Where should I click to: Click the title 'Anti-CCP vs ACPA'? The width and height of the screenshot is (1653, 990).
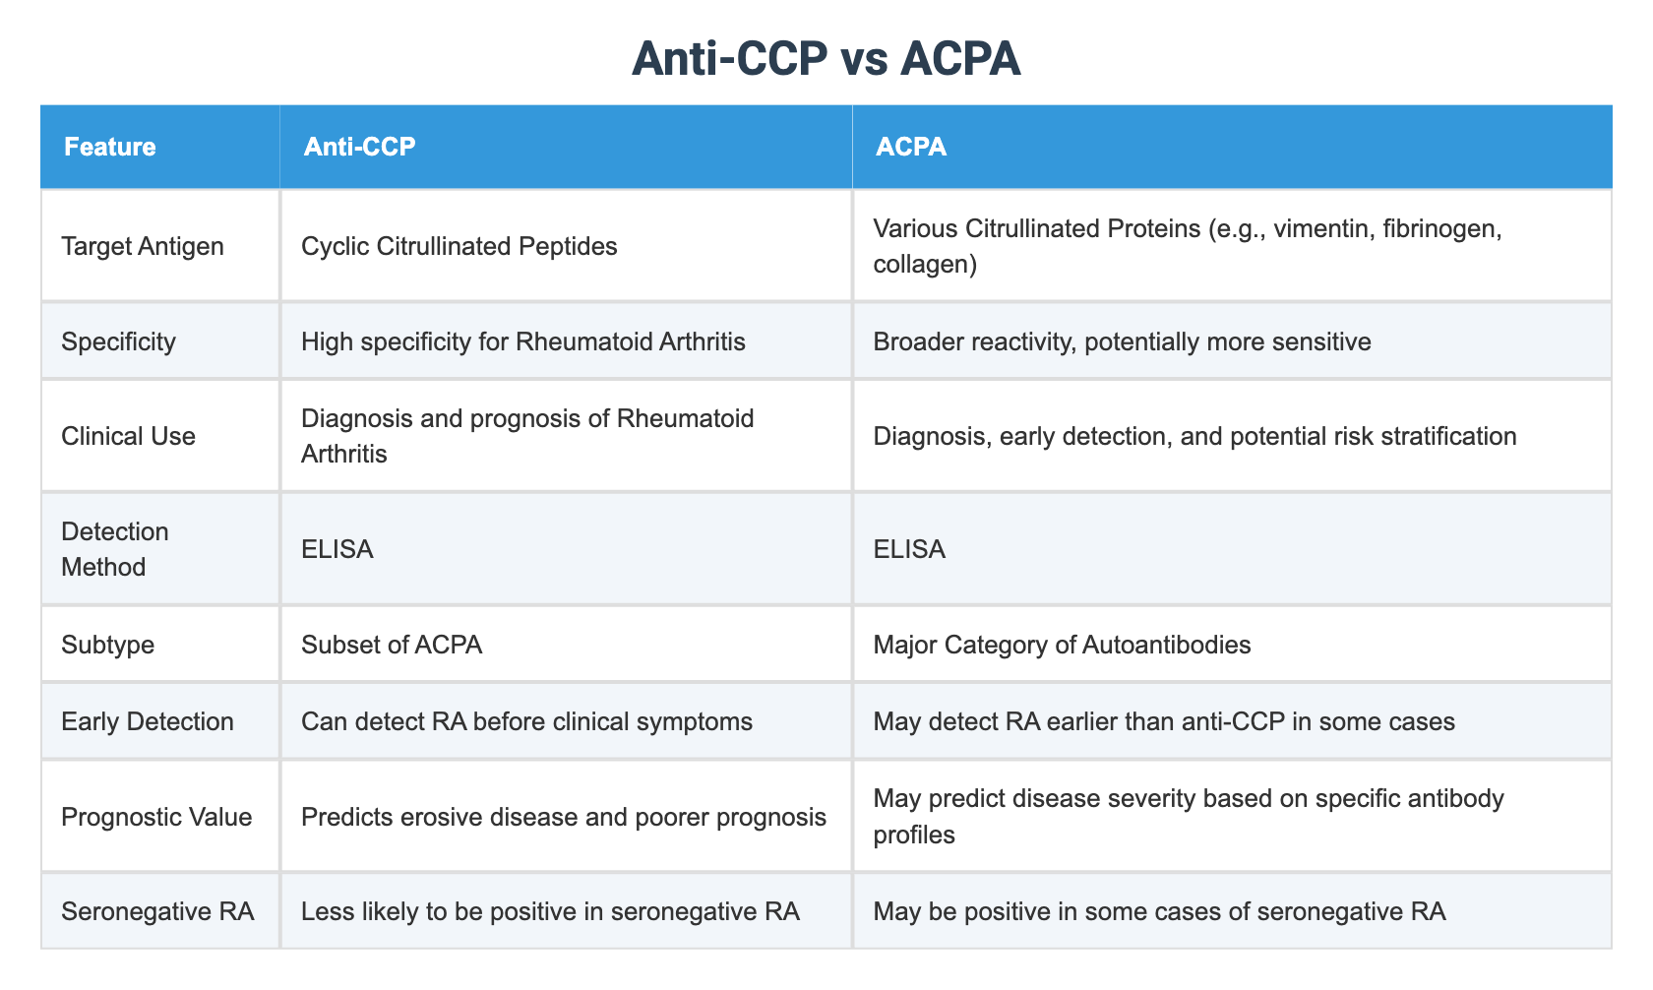point(826,59)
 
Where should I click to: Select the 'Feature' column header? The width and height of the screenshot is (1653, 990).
point(109,147)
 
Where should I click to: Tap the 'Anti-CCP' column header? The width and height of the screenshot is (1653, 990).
point(359,147)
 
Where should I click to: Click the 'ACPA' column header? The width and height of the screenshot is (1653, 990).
point(911,147)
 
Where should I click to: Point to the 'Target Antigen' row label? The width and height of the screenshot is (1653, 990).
point(143,245)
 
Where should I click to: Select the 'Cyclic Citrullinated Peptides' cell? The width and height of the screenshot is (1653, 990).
point(459,245)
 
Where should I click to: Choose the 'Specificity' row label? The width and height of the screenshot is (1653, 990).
point(118,341)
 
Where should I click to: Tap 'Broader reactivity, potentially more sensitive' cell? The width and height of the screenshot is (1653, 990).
point(1122,341)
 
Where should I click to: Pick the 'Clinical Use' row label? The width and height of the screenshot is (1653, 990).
point(128,435)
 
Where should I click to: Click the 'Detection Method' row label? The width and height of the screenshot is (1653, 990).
point(115,549)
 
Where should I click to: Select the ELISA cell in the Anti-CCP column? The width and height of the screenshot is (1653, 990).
point(337,549)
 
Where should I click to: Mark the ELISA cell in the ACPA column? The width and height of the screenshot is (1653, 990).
point(909,549)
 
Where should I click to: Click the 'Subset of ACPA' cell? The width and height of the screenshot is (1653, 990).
point(392,645)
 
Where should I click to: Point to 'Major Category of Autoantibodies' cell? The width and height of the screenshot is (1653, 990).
point(1062,645)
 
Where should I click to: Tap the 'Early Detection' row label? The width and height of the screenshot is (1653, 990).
point(148,721)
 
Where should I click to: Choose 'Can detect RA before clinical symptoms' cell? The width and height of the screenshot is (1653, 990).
point(526,721)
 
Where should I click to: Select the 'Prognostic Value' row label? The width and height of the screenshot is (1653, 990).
point(156,816)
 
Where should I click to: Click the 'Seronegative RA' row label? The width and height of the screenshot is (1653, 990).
point(157,911)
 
